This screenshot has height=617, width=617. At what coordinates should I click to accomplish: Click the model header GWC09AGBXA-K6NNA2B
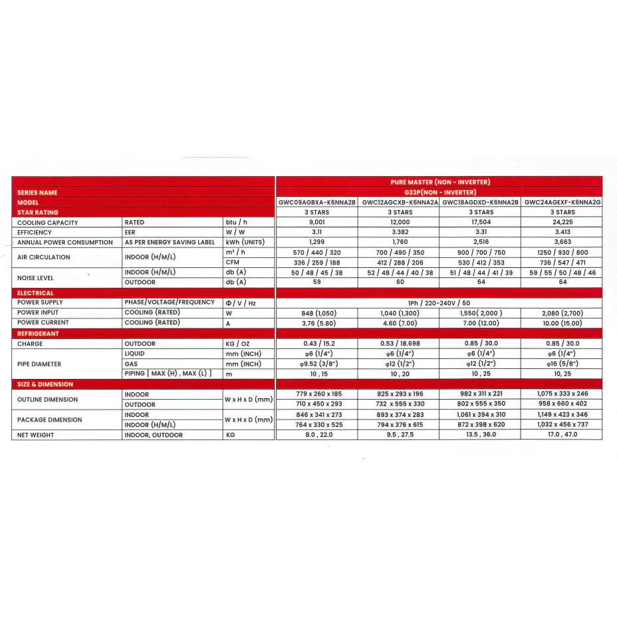316,202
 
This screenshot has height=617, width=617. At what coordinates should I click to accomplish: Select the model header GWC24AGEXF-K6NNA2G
562,202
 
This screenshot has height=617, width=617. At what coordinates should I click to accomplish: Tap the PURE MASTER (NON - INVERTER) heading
439,182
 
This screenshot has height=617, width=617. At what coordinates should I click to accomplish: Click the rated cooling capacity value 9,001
316,223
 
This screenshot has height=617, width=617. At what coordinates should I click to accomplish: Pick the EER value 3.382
399,233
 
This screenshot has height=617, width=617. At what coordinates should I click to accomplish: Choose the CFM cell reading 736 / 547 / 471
562,263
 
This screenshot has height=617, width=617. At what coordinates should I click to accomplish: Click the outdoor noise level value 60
399,283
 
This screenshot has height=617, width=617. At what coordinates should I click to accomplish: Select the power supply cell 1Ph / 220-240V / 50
439,303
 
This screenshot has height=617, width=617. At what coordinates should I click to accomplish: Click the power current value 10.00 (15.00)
562,323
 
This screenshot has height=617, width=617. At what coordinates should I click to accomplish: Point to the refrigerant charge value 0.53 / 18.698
399,344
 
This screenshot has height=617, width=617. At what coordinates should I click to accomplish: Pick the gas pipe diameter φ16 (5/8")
562,364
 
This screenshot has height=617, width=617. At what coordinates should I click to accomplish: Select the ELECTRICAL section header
36,293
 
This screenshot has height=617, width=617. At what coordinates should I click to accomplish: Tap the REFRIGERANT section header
39,334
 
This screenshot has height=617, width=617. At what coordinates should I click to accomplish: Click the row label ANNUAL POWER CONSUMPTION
65,243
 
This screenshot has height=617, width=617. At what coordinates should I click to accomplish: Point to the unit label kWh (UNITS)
245,243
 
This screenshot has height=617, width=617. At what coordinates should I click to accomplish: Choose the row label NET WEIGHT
36,435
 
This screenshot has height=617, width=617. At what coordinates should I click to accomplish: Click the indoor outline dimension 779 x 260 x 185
316,394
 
